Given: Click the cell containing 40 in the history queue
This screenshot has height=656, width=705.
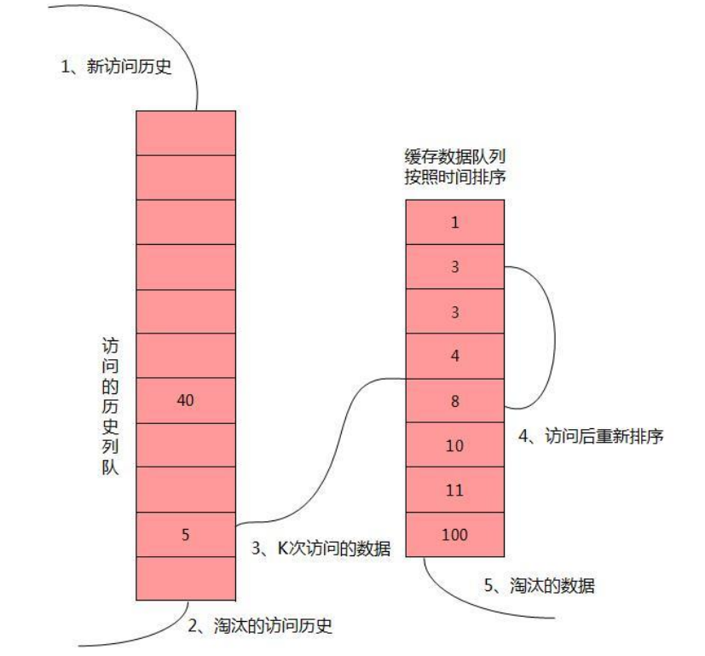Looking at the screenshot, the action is point(185,399).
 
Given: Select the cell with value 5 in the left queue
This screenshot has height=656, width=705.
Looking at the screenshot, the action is point(185,534).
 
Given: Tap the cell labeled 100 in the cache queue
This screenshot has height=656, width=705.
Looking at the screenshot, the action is point(454,534).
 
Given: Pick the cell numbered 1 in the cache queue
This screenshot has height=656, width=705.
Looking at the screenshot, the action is point(454,222).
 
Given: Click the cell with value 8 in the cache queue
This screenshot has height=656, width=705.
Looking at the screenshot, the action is point(454,400).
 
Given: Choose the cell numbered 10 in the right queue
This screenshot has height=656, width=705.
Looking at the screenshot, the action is point(454,444).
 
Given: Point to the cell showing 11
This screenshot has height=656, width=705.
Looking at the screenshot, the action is point(454,490).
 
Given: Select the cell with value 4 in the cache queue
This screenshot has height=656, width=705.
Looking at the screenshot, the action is point(454,356).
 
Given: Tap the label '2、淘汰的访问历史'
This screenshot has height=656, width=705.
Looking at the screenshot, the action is point(260,627).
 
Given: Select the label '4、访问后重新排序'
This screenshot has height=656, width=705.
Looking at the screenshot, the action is point(591,436).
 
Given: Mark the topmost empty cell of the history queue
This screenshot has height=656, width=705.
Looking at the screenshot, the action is point(185,132).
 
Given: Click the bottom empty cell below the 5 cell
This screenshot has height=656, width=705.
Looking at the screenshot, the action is point(185,578).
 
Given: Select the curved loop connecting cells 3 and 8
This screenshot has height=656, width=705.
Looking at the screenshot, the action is point(554,337).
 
